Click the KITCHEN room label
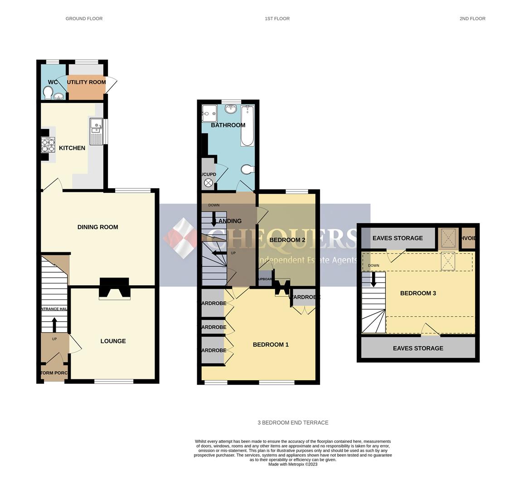coord(72,148)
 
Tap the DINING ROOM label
coord(97,227)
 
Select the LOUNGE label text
coord(113,341)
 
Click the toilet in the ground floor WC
coord(48,93)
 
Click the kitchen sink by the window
coord(97,131)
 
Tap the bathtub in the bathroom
coord(247,126)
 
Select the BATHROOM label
coord(228,125)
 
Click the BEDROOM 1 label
coord(271,345)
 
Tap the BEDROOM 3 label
coord(418,293)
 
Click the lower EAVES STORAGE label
coord(418,348)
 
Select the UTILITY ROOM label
coord(86,82)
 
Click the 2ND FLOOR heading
coord(472,19)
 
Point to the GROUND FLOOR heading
coord(84,19)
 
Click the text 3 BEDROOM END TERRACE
coord(293,422)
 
